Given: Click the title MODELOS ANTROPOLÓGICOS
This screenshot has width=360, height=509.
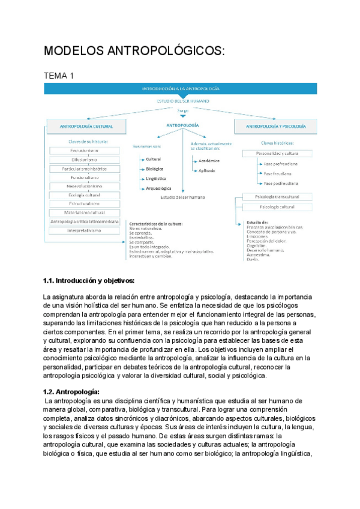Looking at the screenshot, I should click(x=134, y=52).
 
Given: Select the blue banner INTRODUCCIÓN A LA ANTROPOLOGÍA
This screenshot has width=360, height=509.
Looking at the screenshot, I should click(x=180, y=88).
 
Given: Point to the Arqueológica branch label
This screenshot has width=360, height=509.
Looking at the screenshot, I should click(x=159, y=188).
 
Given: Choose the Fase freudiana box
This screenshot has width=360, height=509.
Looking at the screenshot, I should click(x=282, y=173).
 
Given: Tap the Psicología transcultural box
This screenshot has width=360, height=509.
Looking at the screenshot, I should click(x=277, y=197).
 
